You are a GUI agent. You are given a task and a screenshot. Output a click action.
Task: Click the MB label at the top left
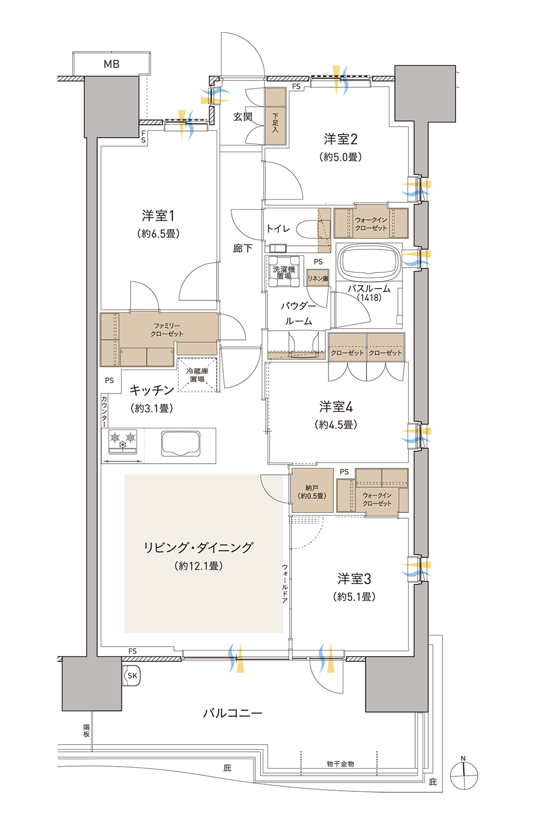tap(111, 64)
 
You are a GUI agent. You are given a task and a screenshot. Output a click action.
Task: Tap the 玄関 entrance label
tap(242, 117)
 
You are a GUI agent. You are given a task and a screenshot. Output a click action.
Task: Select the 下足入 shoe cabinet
tap(275, 116)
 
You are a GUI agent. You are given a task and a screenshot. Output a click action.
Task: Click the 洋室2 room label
tap(341, 139)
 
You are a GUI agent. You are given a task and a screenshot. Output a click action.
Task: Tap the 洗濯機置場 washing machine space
tap(284, 273)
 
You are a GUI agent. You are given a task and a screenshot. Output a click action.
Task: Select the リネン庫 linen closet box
tap(318, 278)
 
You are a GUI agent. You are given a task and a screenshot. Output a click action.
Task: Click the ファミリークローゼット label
tap(167, 330)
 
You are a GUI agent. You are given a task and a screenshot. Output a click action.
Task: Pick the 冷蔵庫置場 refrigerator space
tap(197, 375)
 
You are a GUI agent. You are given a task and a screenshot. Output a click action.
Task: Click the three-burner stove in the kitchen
tap(123, 442)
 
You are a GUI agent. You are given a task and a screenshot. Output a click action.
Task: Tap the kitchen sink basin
tap(181, 443)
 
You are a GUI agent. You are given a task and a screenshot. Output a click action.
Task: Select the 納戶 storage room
tap(312, 490)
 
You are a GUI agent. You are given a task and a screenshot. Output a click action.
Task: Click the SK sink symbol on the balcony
tap(132, 676)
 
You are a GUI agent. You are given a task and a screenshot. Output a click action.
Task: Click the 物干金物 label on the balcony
tap(340, 764)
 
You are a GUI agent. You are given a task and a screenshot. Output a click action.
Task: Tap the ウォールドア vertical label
tap(285, 584)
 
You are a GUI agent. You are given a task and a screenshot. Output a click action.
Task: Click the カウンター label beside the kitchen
tap(104, 411)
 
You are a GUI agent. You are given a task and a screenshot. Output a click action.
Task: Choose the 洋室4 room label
tap(336, 407)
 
